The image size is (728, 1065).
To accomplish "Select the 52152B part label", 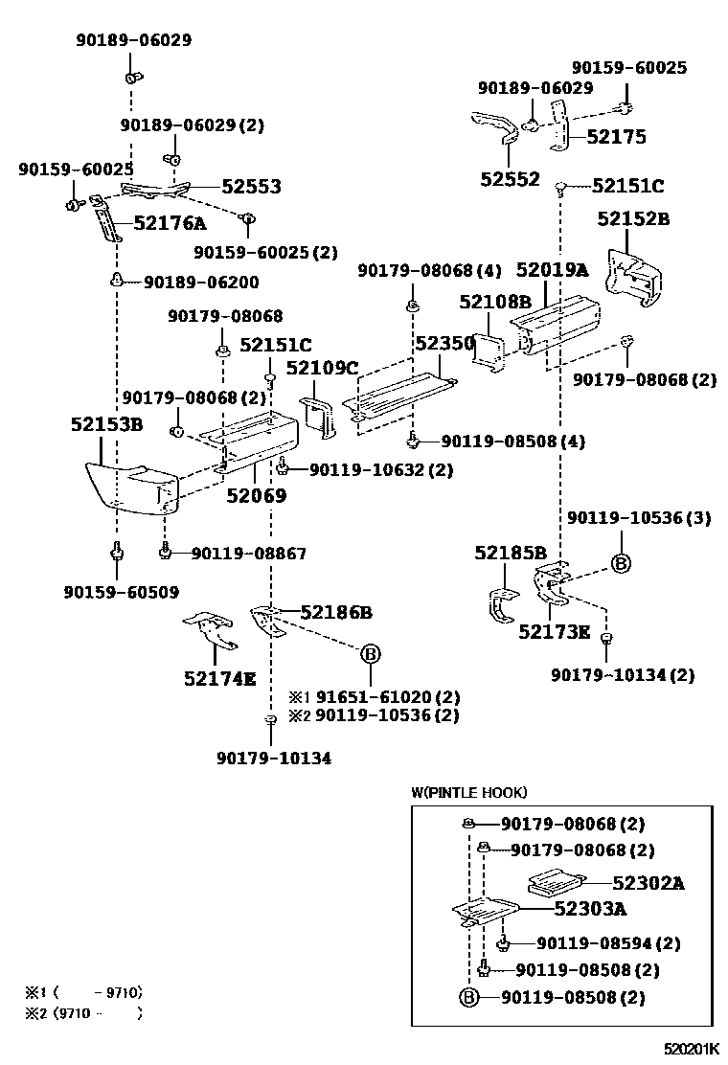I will (x=633, y=219).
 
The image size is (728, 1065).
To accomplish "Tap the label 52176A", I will (x=170, y=224).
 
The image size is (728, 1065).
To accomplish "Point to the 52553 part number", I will (x=251, y=187).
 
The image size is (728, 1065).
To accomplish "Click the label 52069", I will (x=256, y=495).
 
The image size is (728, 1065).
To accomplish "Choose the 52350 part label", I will (x=444, y=343).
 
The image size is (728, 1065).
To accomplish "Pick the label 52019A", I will (x=552, y=271).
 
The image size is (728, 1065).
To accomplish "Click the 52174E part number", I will (x=219, y=679).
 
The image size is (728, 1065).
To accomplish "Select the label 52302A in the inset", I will (x=648, y=883).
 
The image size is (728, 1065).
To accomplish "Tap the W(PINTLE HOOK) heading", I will (x=468, y=792).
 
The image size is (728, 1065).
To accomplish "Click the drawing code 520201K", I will (x=694, y=1050).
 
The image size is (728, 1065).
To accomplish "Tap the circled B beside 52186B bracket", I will (x=371, y=655).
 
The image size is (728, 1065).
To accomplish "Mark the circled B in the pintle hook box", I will (x=468, y=998).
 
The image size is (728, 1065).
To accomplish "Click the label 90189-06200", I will (x=201, y=283).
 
